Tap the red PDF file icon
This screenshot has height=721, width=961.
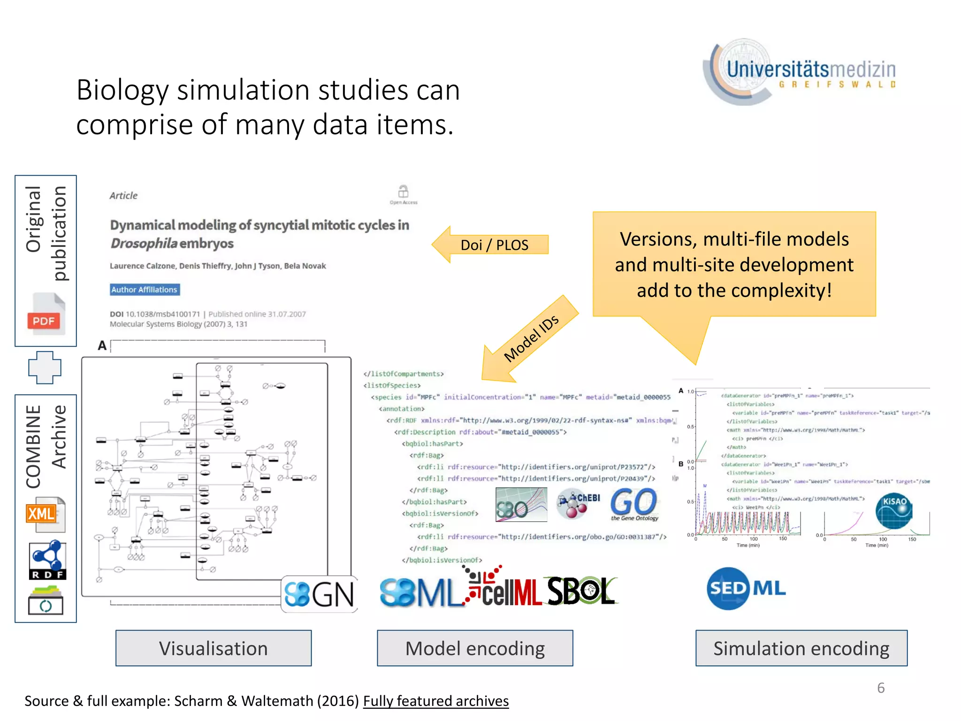tap(46, 314)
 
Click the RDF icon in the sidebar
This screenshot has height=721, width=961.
tap(47, 560)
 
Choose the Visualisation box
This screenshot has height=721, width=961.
tap(214, 648)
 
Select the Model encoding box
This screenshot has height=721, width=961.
tap(475, 648)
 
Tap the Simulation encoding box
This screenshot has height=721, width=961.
tap(801, 648)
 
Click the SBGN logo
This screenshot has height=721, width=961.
tap(319, 594)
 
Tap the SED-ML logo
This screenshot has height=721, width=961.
tap(746, 588)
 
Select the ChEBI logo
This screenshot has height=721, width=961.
tap(578, 504)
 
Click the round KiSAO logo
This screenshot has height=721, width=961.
tap(894, 511)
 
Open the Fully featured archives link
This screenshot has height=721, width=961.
tap(435, 701)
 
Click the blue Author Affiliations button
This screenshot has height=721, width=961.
tap(145, 290)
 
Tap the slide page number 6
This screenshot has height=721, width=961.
tap(881, 688)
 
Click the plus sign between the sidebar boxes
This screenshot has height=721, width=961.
tap(45, 368)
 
